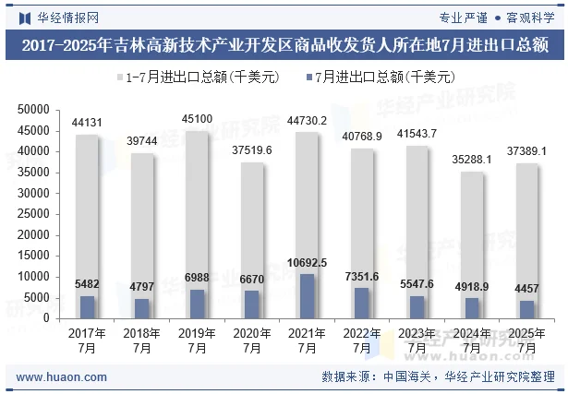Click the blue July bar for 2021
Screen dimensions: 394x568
307,295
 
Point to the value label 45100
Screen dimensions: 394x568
197,119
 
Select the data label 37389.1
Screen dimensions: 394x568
526,150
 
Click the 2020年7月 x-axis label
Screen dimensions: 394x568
251,340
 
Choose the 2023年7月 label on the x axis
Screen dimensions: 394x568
417,340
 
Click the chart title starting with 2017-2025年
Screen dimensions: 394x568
284,44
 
